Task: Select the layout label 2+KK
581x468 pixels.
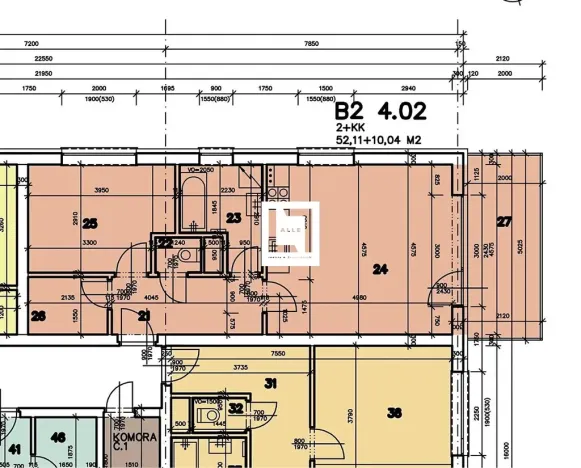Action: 350,128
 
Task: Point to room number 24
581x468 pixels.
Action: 381,268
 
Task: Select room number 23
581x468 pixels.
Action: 234,217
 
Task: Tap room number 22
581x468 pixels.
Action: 164,242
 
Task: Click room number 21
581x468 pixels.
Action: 144,316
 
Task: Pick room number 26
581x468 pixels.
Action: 39,316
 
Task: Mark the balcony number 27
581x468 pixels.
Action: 504,221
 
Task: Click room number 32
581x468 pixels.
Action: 235,407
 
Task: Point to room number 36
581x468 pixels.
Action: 394,411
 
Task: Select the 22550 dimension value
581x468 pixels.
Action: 42,59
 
